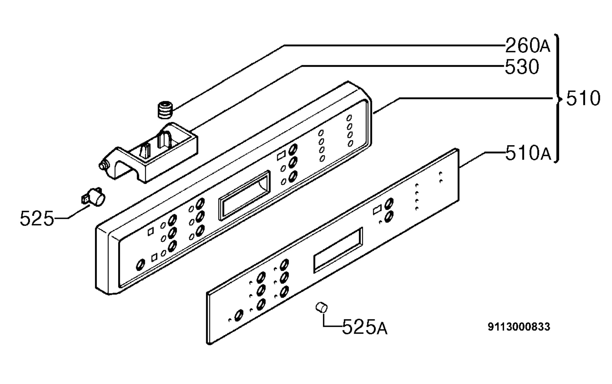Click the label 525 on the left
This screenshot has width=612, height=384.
pos(37,218)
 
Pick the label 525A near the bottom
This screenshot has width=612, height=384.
pos(365,327)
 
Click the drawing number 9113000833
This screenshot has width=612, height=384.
pos(519,327)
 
